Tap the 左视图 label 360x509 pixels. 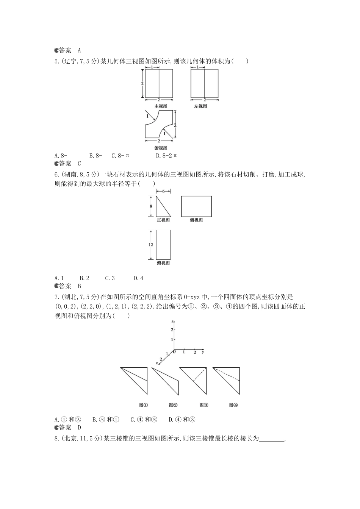(x=200, y=106)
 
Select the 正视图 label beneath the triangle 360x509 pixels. (x=163, y=220)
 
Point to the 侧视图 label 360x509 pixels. (x=196, y=220)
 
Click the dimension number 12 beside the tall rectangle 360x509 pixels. (x=150, y=245)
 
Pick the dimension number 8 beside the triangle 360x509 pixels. (x=151, y=206)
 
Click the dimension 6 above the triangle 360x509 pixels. (x=163, y=191)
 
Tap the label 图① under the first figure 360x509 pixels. (x=143, y=405)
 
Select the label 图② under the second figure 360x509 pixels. (x=173, y=405)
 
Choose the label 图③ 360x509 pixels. (x=204, y=405)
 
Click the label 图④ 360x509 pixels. (x=233, y=405)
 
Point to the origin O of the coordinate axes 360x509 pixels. (x=174, y=352)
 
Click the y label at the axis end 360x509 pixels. (x=203, y=352)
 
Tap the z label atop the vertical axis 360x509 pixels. (x=172, y=322)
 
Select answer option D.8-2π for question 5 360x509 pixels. (x=166, y=156)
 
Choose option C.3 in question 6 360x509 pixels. (x=110, y=278)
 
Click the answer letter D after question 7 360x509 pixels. (x=80, y=428)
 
